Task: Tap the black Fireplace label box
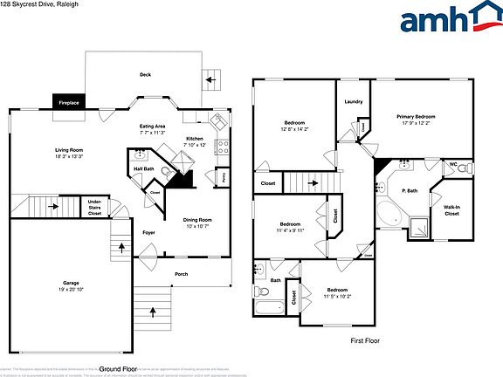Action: pyautogui.click(x=69, y=102)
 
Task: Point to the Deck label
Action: pyautogui.click(x=145, y=74)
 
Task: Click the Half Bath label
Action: pyautogui.click(x=143, y=169)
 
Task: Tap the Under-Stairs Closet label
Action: pyautogui.click(x=95, y=207)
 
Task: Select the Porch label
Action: pyautogui.click(x=181, y=274)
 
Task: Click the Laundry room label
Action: pyautogui.click(x=353, y=102)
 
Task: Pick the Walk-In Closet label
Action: pyautogui.click(x=451, y=210)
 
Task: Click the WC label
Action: pyautogui.click(x=453, y=164)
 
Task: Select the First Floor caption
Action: pyautogui.click(x=366, y=340)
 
